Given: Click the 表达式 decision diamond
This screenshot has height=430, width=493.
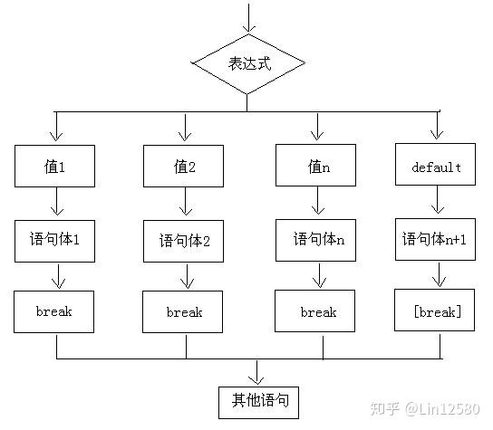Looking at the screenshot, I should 247,65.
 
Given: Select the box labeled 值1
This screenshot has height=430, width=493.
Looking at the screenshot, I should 54,167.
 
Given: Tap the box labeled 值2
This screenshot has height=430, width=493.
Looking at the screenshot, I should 184,167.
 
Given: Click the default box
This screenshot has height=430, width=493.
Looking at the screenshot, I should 437,167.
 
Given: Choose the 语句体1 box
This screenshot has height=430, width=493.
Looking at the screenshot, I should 54,241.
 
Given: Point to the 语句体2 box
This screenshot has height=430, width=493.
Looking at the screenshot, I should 184,241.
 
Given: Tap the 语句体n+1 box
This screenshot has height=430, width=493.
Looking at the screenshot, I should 437,240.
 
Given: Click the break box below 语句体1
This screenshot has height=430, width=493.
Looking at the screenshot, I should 54,311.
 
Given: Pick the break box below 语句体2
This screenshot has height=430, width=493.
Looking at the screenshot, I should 184,312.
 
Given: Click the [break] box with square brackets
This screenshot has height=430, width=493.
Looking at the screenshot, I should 437,311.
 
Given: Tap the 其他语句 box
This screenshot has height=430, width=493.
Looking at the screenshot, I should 258,399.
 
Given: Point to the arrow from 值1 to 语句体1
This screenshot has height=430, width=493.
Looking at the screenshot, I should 54,203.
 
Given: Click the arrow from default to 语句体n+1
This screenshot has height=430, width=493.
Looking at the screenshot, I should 437,203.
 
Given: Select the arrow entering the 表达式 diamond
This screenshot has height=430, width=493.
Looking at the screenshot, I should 247,18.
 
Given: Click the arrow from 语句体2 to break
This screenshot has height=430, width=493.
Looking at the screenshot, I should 184,277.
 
